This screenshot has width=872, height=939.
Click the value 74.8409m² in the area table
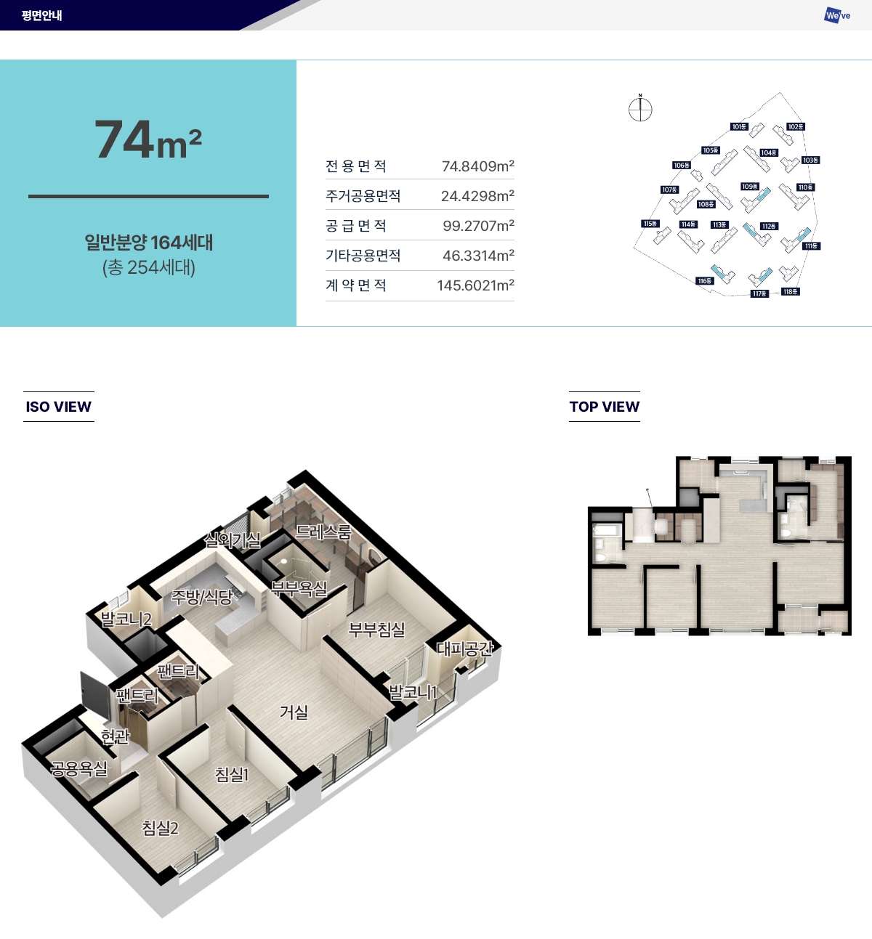click(477, 166)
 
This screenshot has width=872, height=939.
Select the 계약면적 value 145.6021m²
click(475, 285)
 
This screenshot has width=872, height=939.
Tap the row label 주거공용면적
click(363, 196)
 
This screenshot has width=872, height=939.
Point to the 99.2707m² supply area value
click(478, 226)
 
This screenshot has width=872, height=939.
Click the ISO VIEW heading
click(59, 407)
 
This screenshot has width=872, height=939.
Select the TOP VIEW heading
click(605, 407)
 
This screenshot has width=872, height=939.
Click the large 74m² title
click(148, 139)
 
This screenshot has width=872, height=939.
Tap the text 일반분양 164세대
click(149, 243)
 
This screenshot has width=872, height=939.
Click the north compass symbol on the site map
click(640, 110)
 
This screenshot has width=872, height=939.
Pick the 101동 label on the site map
click(739, 127)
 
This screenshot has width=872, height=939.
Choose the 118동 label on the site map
click(791, 292)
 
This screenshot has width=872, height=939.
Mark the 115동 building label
click(650, 224)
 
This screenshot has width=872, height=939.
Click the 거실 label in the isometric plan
click(294, 712)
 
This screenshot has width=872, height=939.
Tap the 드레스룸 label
click(323, 532)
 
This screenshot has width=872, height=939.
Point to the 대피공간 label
click(464, 649)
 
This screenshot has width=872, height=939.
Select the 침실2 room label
click(160, 828)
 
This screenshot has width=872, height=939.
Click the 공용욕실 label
click(79, 768)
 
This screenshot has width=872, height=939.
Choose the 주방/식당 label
click(201, 597)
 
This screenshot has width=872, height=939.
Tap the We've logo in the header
click(837, 15)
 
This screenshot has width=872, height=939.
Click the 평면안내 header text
click(41, 15)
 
